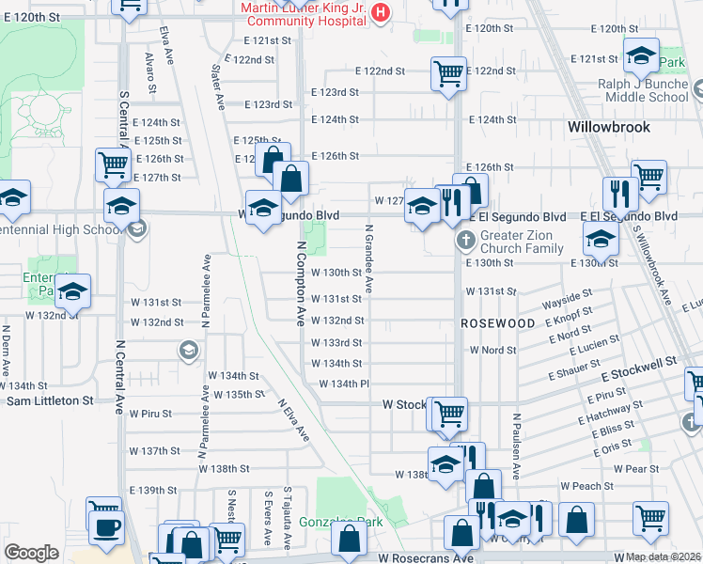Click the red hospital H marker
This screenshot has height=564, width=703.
coord(381,12)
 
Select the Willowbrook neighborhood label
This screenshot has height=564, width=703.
coord(610,126)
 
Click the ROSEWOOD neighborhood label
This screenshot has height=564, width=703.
coord(497,322)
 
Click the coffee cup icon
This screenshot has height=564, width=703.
coord(105,528)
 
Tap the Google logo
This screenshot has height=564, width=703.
coord(30,553)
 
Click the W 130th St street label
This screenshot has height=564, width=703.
coord(336,273)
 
